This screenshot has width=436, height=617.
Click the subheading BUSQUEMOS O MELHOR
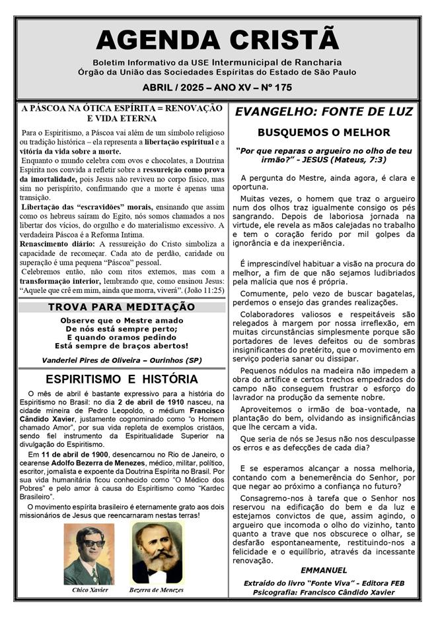tap(324, 132)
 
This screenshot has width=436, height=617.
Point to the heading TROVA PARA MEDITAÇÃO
tap(122, 307)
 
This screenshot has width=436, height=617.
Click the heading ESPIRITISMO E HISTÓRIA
tap(122, 379)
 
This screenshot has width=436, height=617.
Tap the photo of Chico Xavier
tap(88, 553)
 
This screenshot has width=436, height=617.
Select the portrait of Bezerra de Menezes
tap(157, 553)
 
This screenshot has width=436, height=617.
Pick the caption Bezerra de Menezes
tap(157, 589)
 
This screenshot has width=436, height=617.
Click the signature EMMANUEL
tap(323, 569)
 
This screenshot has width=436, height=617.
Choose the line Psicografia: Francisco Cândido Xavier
tap(324, 592)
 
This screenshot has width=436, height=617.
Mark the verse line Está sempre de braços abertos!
tap(122, 345)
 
